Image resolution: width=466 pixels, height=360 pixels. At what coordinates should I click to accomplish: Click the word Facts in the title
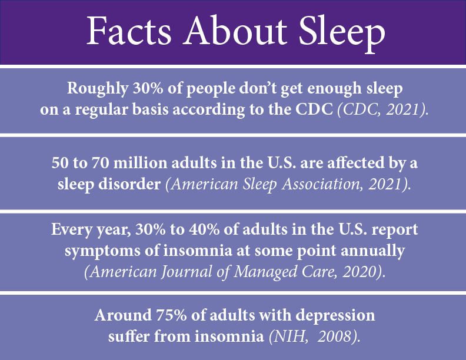[x=129, y=31]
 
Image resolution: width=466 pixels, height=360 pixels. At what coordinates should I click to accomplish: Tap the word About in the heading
[x=235, y=31]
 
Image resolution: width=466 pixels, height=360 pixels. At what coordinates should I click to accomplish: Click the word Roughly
[x=98, y=89]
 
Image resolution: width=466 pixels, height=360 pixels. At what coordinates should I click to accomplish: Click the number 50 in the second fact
[x=60, y=163]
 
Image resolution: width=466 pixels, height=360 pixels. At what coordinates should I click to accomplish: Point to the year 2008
[x=334, y=336]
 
